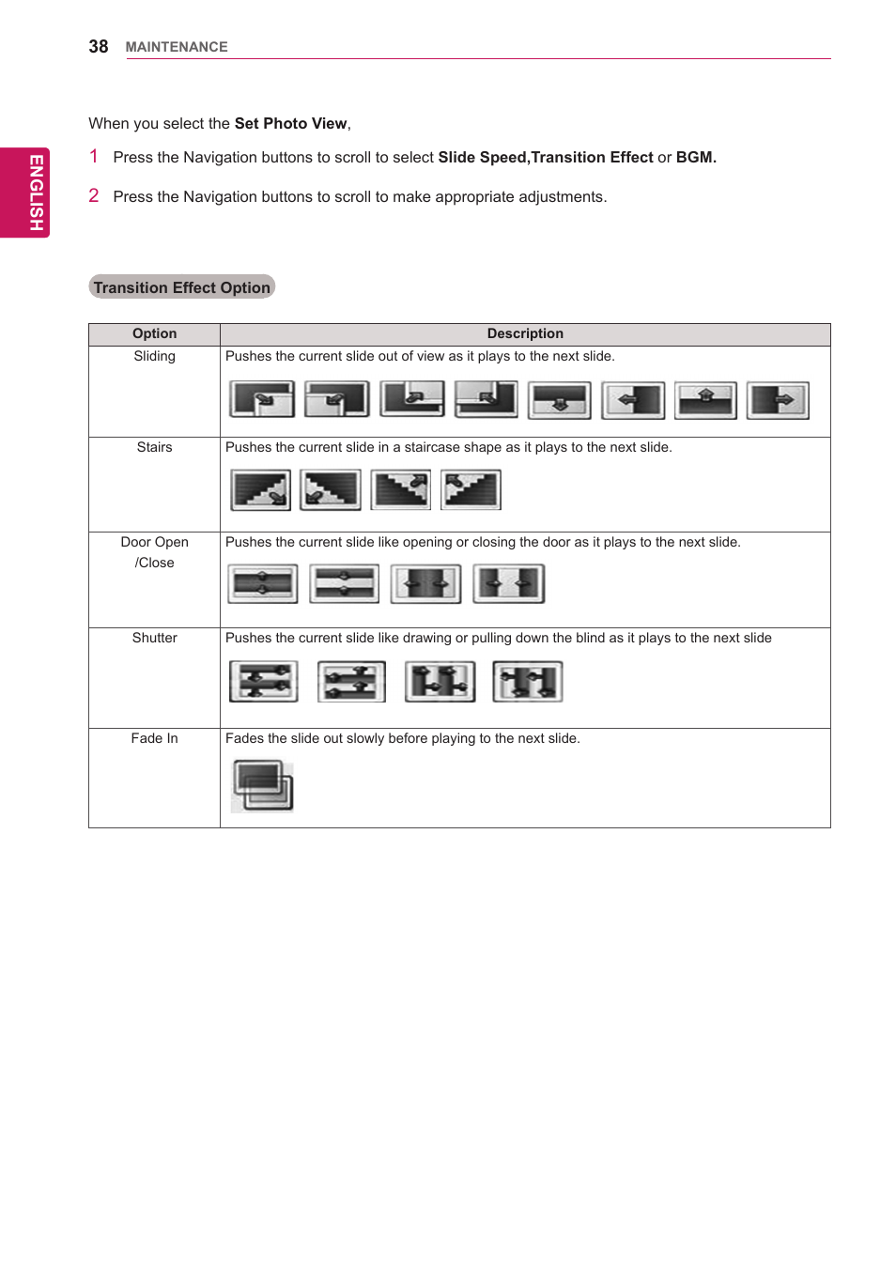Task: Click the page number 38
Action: point(98,47)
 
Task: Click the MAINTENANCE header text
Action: point(177,47)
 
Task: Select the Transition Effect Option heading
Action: point(181,287)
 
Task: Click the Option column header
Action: point(154,333)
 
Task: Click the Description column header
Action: point(525,333)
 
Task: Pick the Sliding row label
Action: point(154,356)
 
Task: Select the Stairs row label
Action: point(154,447)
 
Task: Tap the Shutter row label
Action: point(154,638)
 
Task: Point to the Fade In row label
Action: point(154,738)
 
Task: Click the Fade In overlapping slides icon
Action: point(262,785)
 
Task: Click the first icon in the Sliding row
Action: point(262,399)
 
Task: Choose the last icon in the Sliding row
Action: point(778,400)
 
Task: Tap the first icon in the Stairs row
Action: point(261,489)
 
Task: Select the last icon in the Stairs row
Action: point(471,489)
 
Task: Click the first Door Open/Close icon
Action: point(263,583)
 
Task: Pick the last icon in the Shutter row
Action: point(528,681)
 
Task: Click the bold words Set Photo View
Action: point(290,124)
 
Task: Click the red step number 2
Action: point(94,195)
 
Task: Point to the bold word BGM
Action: point(696,158)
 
